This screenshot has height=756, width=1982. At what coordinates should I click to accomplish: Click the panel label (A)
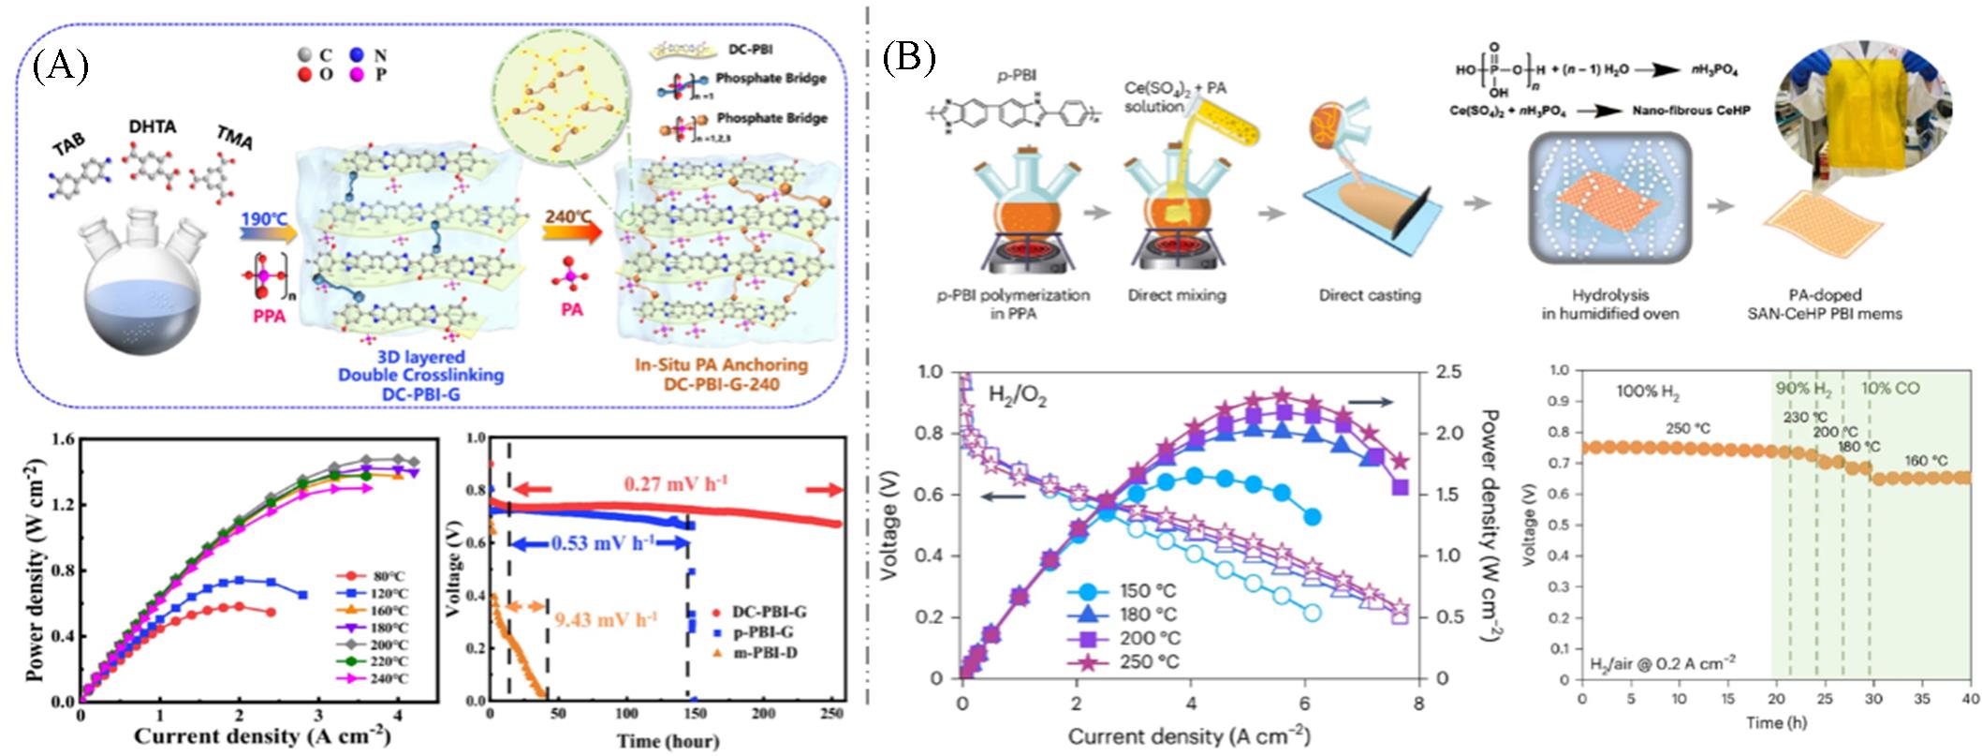tap(61, 67)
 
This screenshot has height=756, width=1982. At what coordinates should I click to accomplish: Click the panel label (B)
tap(908, 58)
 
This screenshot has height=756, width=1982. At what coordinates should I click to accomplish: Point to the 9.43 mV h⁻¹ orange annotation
tap(606, 619)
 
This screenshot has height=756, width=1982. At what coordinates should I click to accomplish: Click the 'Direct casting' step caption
tap(1370, 295)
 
